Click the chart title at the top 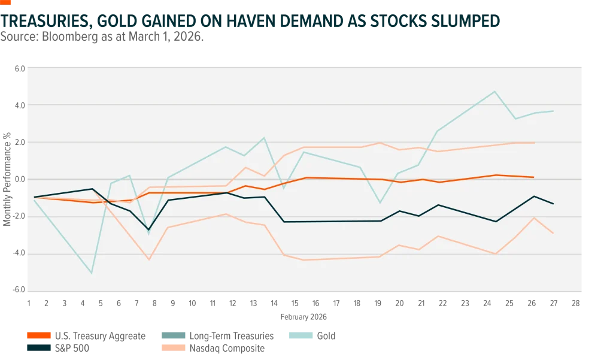click(x=251, y=21)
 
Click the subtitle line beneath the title click(x=103, y=38)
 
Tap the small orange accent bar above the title click(x=7, y=2)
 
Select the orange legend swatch click(x=38, y=335)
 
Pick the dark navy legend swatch click(x=38, y=347)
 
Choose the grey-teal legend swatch click(x=172, y=335)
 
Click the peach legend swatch click(x=172, y=347)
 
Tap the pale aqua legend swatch click(x=301, y=335)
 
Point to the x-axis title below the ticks click(x=304, y=316)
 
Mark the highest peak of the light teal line click(x=494, y=92)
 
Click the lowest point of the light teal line click(x=92, y=273)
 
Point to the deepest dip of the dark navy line click(x=149, y=229)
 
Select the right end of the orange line click(x=533, y=177)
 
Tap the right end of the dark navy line click(x=553, y=204)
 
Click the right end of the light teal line click(x=553, y=111)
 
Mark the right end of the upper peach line click(x=535, y=143)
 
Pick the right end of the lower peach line click(x=553, y=234)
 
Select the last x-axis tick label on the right click(x=574, y=302)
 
